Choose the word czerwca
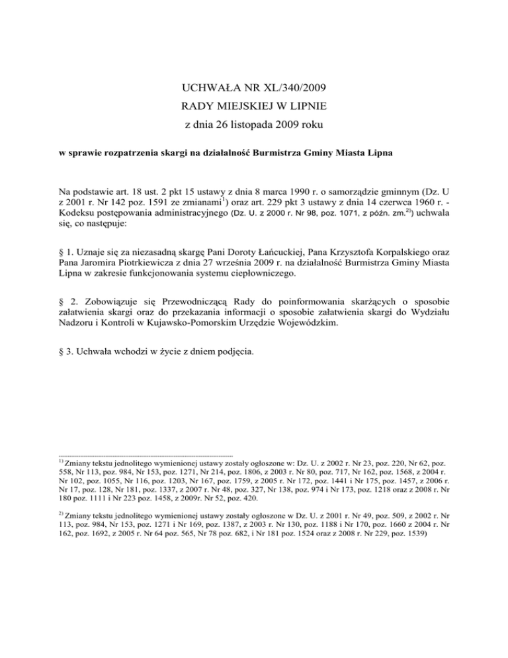point(407,208)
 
